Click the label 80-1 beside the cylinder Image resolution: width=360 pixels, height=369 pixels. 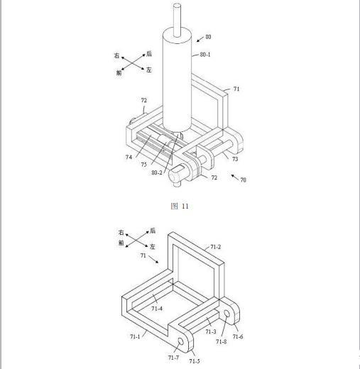pos(205,55)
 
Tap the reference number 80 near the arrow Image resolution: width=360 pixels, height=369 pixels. pos(208,37)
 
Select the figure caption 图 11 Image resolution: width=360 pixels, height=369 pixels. pos(180,206)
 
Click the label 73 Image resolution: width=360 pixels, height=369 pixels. pos(235,159)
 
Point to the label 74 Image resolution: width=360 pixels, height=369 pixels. pos(129,157)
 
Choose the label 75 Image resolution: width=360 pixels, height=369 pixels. pos(144,164)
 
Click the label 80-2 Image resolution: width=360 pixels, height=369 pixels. pos(157,172)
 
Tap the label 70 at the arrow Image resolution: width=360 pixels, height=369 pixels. pos(243,180)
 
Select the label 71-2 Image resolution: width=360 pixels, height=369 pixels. pos(216,247)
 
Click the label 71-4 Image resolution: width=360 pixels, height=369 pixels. pos(157,309)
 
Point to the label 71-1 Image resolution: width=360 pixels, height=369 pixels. pos(135,336)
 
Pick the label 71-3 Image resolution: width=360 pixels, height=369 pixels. pos(211,331)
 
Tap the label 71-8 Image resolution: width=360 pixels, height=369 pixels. pos(222,341)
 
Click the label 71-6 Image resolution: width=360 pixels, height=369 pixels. pos(238,336)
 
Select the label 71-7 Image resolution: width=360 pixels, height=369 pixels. pos(173,358)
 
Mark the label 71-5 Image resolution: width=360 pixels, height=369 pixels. pos(195,361)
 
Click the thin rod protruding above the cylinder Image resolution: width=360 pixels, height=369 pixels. pos(177,20)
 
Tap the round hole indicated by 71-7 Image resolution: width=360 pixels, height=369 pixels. pos(180,341)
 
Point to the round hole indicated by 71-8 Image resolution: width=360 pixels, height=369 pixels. pos(227,314)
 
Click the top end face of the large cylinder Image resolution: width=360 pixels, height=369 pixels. pos(177,35)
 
